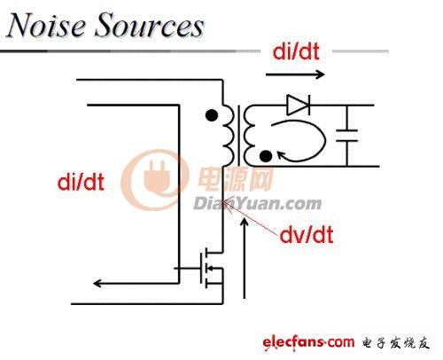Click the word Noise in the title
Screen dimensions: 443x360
tap(46, 25)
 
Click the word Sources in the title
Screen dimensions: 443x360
tap(150, 25)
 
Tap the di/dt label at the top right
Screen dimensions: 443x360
tap(296, 51)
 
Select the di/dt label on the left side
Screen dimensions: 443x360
tap(81, 182)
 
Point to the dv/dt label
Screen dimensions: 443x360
tap(307, 235)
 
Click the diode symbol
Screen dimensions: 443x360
tap(299, 105)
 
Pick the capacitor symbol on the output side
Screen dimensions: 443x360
tap(347, 136)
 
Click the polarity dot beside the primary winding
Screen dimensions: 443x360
tap(212, 115)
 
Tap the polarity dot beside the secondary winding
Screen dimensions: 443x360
tap(266, 156)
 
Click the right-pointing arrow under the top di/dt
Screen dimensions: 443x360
tap(295, 74)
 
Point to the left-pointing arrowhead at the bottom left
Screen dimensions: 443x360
tap(98, 284)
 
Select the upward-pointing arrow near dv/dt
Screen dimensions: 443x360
tap(244, 258)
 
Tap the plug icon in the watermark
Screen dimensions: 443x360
tap(157, 177)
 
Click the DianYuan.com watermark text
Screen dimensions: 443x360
tap(257, 204)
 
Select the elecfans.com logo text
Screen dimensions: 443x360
tap(308, 342)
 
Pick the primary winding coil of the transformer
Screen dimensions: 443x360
tap(229, 135)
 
